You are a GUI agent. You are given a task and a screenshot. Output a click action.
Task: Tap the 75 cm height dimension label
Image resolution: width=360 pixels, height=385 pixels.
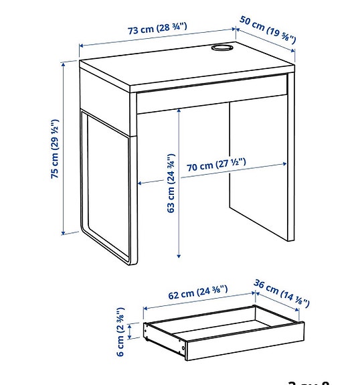pyautogui.click(x=55, y=149)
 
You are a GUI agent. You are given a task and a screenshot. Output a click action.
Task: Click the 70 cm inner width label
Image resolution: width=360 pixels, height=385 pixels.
pyautogui.click(x=216, y=164)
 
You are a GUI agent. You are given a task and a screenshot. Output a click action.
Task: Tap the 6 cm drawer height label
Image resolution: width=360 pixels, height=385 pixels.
pyautogui.click(x=120, y=331)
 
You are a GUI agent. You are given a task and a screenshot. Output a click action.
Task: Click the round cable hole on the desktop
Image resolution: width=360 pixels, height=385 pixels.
pyautogui.click(x=221, y=48)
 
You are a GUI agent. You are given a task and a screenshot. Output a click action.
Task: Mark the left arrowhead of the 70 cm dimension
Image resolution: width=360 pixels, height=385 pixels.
pyautogui.click(x=138, y=183)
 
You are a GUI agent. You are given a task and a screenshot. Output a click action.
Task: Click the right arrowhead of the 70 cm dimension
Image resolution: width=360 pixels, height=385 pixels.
pyautogui.click(x=289, y=162)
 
